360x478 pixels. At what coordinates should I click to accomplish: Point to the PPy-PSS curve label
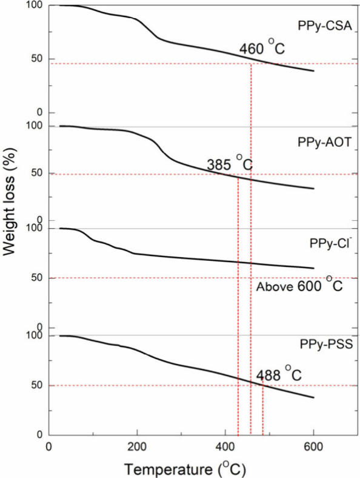324,345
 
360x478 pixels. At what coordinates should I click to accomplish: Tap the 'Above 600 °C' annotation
299,285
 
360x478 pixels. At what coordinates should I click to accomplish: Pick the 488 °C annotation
278,375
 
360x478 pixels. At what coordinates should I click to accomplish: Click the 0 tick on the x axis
49,445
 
